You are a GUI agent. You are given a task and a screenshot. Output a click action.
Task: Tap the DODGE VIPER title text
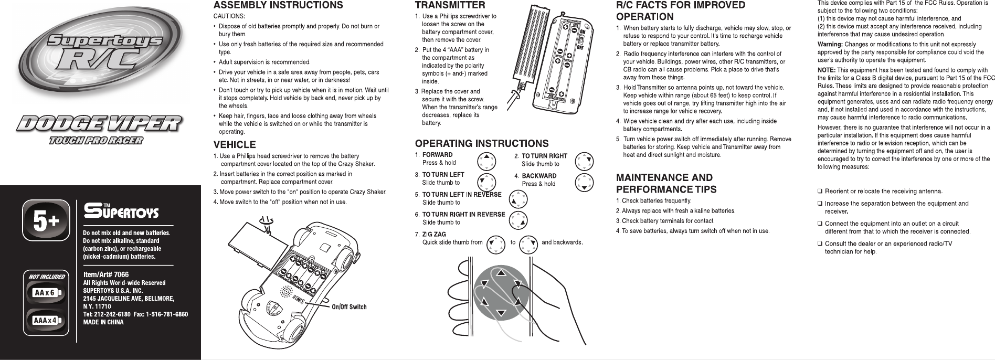[98, 124]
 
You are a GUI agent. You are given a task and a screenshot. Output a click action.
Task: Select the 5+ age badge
[47, 220]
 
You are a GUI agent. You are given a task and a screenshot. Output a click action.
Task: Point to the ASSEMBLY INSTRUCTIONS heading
[278, 6]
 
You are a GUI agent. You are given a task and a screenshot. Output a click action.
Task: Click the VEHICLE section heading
[234, 144]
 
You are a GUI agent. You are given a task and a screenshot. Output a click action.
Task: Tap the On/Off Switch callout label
[348, 307]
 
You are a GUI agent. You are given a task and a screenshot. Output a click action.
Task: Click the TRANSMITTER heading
[450, 5]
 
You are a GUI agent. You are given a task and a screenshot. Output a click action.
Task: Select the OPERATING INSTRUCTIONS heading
[481, 143]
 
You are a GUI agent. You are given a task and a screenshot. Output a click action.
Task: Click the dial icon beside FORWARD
[486, 161]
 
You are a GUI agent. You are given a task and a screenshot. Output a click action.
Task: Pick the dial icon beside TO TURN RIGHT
[585, 161]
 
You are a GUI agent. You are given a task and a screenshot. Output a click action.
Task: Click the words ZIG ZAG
[434, 234]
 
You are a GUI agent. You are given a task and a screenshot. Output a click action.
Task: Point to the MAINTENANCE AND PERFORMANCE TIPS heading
[666, 183]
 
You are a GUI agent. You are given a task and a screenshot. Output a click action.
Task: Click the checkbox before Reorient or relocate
[820, 191]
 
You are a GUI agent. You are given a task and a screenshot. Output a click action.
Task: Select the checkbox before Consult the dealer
[820, 244]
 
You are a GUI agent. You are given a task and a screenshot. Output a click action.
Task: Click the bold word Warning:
[830, 44]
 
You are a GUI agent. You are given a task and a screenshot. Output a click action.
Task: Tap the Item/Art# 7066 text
[106, 274]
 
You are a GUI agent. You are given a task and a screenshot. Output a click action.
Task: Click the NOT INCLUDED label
[47, 277]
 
